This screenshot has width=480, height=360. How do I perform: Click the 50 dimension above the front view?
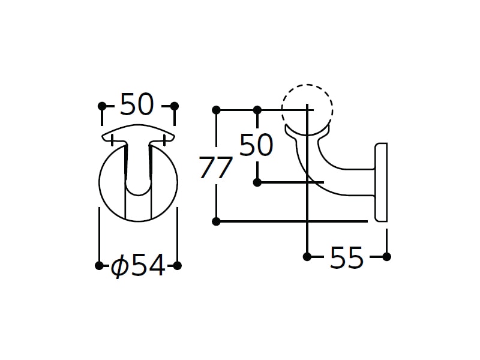pyautogui.click(x=137, y=104)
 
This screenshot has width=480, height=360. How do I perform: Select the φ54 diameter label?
pyautogui.click(x=138, y=265)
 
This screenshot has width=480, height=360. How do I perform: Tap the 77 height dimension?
pyautogui.click(x=215, y=167)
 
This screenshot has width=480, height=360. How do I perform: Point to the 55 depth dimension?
pyautogui.click(x=347, y=257)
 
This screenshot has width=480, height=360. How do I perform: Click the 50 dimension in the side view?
pyautogui.click(x=256, y=145)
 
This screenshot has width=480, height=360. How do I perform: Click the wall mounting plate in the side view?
pyautogui.click(x=381, y=182)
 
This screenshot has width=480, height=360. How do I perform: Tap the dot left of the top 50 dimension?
pyautogui.click(x=102, y=106)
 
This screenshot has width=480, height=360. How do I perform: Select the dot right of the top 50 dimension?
pyautogui.click(x=175, y=106)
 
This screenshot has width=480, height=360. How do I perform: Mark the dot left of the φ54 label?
pyautogui.click(x=99, y=265)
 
